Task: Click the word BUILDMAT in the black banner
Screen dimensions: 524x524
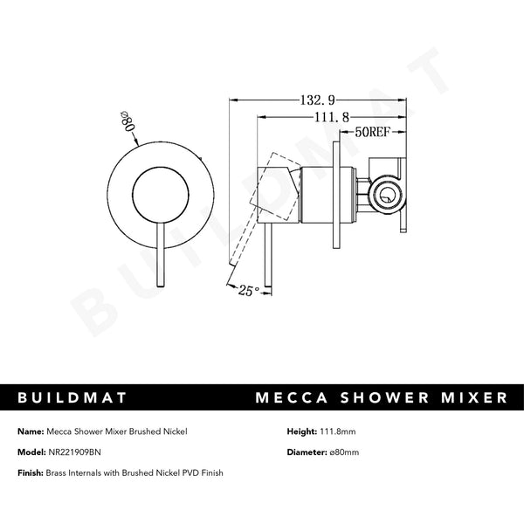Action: [x=75, y=397]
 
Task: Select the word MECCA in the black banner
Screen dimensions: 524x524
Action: [x=293, y=397]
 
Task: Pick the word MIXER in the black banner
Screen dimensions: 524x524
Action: [x=476, y=397]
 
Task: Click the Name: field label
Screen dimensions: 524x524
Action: [x=30, y=431]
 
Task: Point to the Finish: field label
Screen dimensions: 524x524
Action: [x=31, y=472]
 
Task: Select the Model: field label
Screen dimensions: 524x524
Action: [x=31, y=452]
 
